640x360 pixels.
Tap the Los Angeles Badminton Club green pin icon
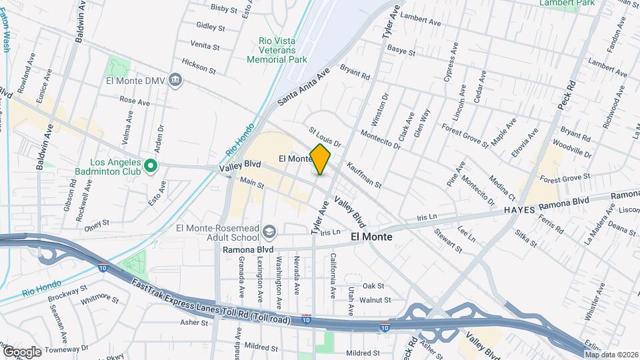[x=151, y=165]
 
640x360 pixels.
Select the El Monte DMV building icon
[x=175, y=80]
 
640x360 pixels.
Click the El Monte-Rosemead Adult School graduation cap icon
[x=269, y=232]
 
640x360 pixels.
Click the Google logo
[x=21, y=351]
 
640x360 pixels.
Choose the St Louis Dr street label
[x=325, y=138]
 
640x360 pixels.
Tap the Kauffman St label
[x=363, y=175]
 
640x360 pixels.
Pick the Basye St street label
[x=401, y=51]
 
